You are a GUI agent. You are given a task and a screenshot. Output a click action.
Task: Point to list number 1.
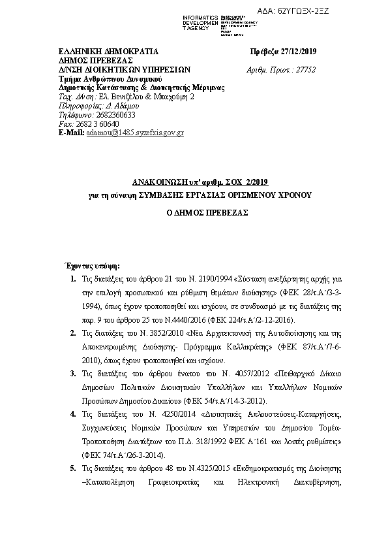coord(71,280)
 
